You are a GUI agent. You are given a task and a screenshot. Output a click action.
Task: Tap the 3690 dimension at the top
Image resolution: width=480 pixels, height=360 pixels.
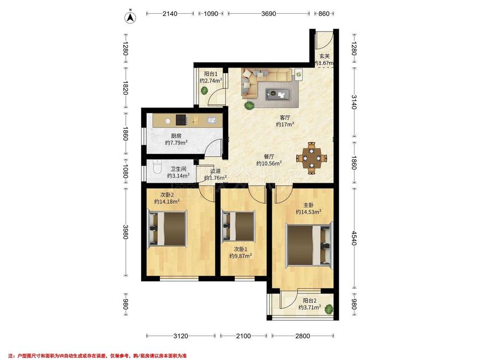coord(269,13)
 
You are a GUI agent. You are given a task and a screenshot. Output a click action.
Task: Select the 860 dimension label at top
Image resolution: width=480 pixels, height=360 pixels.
coord(324,13)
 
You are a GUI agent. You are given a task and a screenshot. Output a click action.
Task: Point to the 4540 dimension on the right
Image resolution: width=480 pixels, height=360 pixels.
coord(354,238)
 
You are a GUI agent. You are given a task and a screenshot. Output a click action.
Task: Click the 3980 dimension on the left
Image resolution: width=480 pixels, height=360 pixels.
coord(126,232)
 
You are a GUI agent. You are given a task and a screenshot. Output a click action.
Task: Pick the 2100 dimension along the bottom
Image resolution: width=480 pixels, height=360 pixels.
coord(244,336)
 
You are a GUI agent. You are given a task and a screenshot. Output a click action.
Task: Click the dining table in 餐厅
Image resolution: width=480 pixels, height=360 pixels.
coord(311,158)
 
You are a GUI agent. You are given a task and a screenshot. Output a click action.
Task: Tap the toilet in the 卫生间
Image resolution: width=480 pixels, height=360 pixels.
coord(157,167)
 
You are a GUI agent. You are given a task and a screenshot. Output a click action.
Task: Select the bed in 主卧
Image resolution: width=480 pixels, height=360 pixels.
coord(309,245)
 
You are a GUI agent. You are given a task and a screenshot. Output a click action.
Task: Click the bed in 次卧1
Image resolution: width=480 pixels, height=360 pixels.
coord(239,226)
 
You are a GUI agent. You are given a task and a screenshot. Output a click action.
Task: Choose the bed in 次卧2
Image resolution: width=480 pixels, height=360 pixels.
coord(167,228)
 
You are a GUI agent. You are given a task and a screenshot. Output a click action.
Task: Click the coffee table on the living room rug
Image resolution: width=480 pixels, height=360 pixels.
coord(278,94)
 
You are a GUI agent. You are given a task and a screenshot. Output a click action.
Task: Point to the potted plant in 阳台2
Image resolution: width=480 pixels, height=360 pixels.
coord(329,309)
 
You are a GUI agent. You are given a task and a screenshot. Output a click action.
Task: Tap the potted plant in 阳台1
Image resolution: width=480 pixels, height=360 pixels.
coord(204,91)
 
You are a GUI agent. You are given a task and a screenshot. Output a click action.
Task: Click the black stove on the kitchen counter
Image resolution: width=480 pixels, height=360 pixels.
coord(181,120)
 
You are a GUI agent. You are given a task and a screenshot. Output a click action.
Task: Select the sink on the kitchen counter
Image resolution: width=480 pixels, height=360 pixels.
coord(212,120)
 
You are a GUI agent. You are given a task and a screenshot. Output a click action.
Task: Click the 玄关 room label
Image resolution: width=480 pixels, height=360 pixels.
coord(324,56)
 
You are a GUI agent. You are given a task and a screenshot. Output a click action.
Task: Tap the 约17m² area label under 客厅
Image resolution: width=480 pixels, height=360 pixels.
coord(285,124)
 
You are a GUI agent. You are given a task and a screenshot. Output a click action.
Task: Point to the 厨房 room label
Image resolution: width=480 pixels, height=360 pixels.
coord(176,136)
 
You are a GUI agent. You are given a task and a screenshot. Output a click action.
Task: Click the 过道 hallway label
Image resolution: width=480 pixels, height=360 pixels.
coord(215,171)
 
